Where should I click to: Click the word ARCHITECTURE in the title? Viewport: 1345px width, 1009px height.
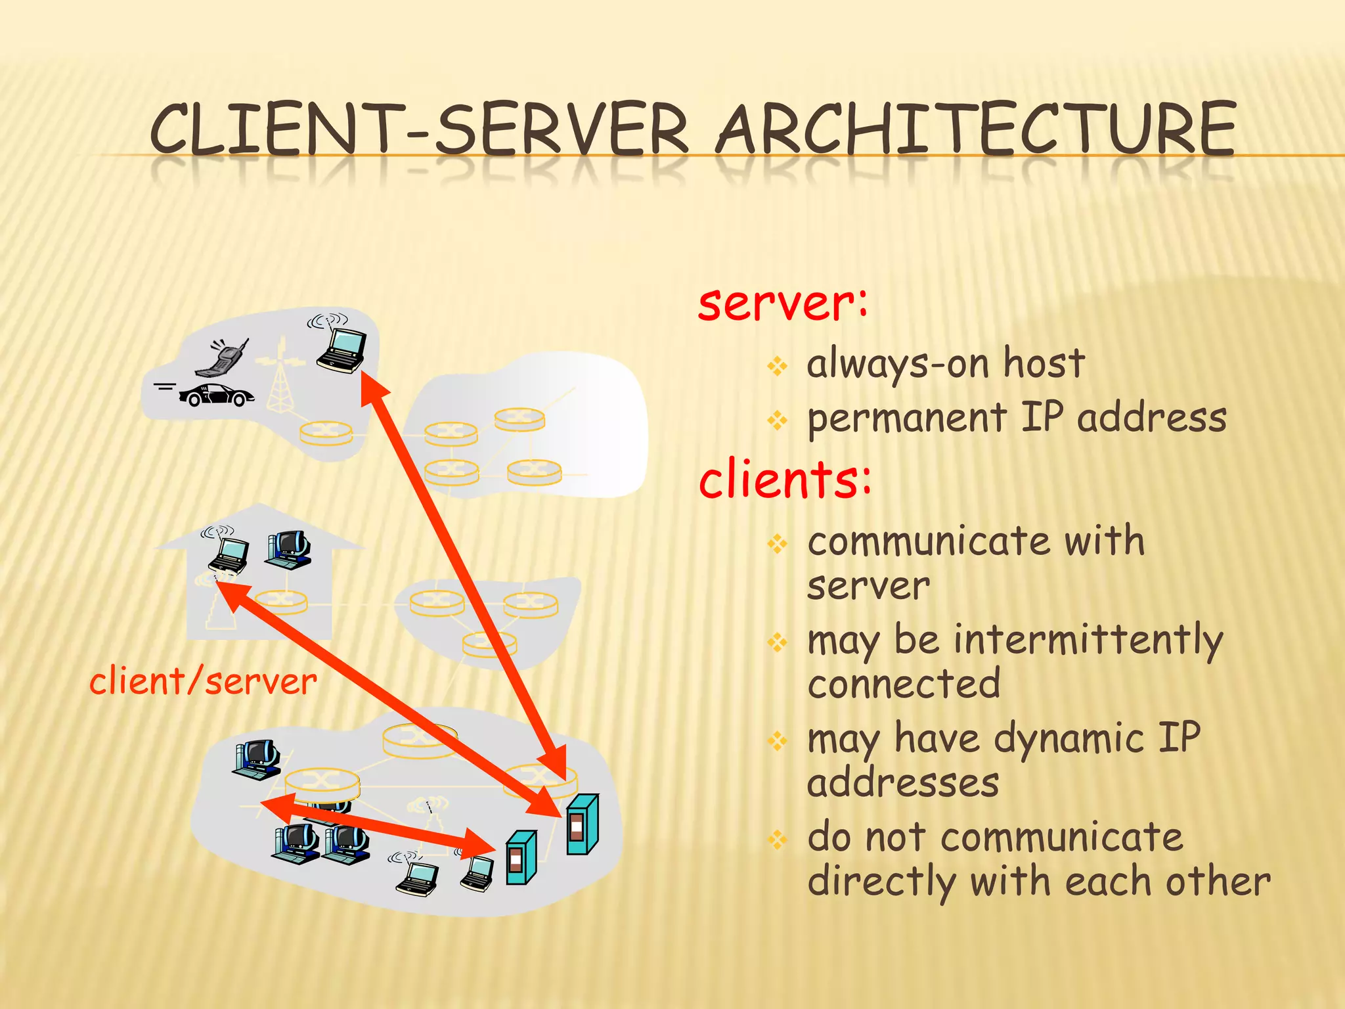tap(977, 129)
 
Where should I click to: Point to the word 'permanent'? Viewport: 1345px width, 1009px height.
tap(906, 419)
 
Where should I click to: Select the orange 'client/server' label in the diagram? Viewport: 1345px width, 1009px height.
tap(203, 681)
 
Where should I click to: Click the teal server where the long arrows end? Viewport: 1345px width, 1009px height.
tap(582, 824)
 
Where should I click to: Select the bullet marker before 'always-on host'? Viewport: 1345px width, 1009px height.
tap(778, 366)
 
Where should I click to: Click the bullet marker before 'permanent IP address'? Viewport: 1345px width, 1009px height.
tap(778, 420)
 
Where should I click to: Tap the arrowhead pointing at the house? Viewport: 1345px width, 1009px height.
tap(230, 595)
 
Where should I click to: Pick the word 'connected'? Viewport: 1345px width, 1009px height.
tap(904, 684)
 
